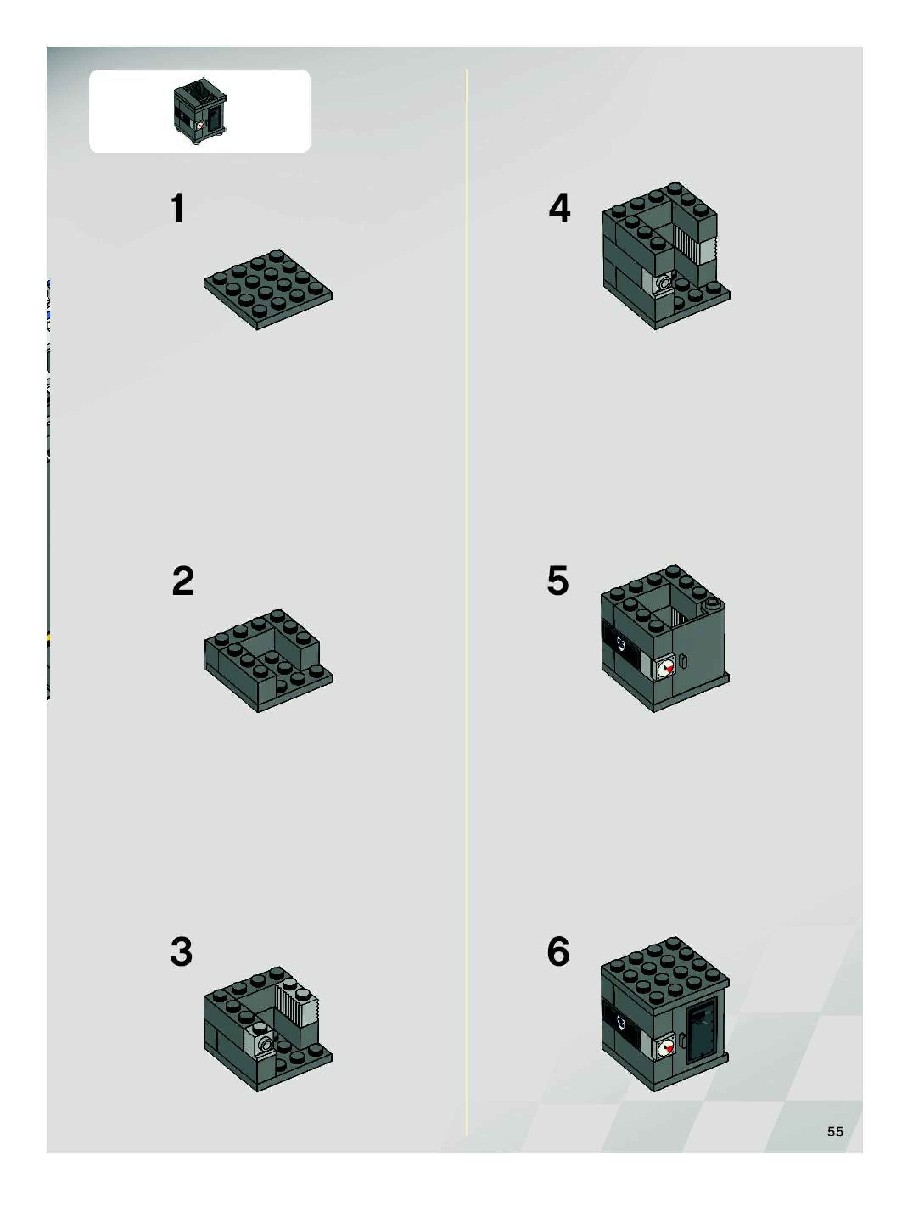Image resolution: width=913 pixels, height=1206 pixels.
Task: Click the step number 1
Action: click(178, 208)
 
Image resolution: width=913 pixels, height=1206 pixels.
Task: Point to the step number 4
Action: click(559, 208)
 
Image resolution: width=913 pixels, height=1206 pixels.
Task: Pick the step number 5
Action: click(558, 581)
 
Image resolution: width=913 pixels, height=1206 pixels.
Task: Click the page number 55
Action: click(835, 1132)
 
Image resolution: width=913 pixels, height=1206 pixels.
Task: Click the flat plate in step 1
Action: click(268, 289)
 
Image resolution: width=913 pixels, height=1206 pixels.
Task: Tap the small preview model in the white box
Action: click(200, 111)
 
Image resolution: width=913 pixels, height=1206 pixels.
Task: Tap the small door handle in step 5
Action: click(683, 661)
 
